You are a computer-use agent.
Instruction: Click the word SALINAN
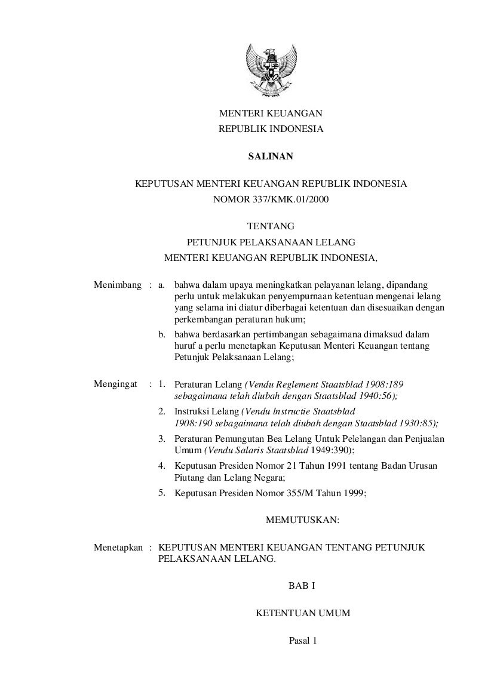[271, 157]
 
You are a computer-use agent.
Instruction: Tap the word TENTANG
[271, 226]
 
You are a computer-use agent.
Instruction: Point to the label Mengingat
[116, 384]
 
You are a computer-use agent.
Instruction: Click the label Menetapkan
[118, 547]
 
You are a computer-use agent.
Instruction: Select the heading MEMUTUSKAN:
[302, 520]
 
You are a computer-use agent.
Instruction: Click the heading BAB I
[301, 586]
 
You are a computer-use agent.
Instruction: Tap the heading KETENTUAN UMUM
[302, 613]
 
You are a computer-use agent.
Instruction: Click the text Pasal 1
[302, 641]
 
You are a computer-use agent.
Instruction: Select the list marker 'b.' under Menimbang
[162, 334]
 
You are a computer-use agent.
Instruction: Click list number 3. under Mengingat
[162, 439]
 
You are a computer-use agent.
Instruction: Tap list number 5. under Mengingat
[162, 493]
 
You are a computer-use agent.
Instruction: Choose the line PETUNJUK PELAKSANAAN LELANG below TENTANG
[271, 242]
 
